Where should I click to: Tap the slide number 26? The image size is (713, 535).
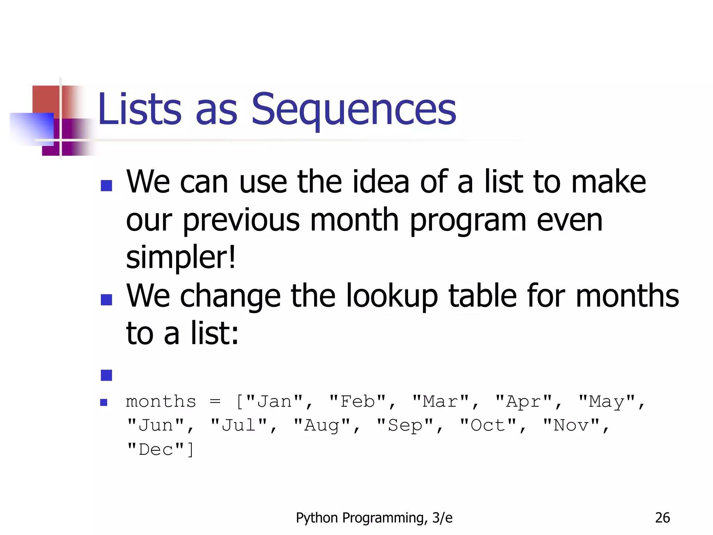(x=662, y=518)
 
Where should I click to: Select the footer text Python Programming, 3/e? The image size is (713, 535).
(x=374, y=518)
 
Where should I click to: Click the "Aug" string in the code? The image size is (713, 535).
(x=322, y=426)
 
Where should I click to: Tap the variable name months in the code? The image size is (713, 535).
(x=161, y=402)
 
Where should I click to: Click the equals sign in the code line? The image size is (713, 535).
(x=215, y=402)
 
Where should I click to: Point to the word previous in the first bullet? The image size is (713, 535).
(x=241, y=220)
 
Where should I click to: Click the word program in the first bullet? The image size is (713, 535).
(x=468, y=220)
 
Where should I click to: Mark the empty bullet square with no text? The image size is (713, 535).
(x=106, y=375)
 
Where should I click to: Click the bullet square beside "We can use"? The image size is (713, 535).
(x=106, y=186)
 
